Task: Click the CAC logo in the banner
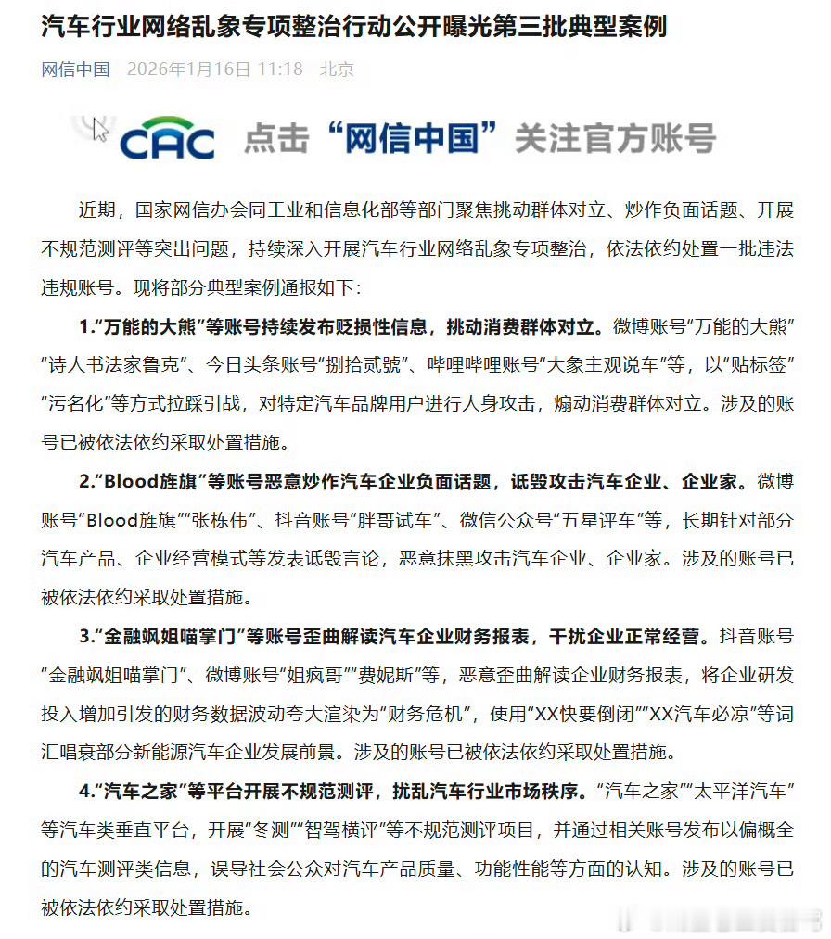(x=167, y=139)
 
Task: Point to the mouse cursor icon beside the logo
(x=100, y=127)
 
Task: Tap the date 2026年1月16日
(x=188, y=70)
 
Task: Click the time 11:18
(x=280, y=70)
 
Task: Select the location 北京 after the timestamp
(x=337, y=70)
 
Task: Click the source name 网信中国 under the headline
(x=75, y=70)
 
